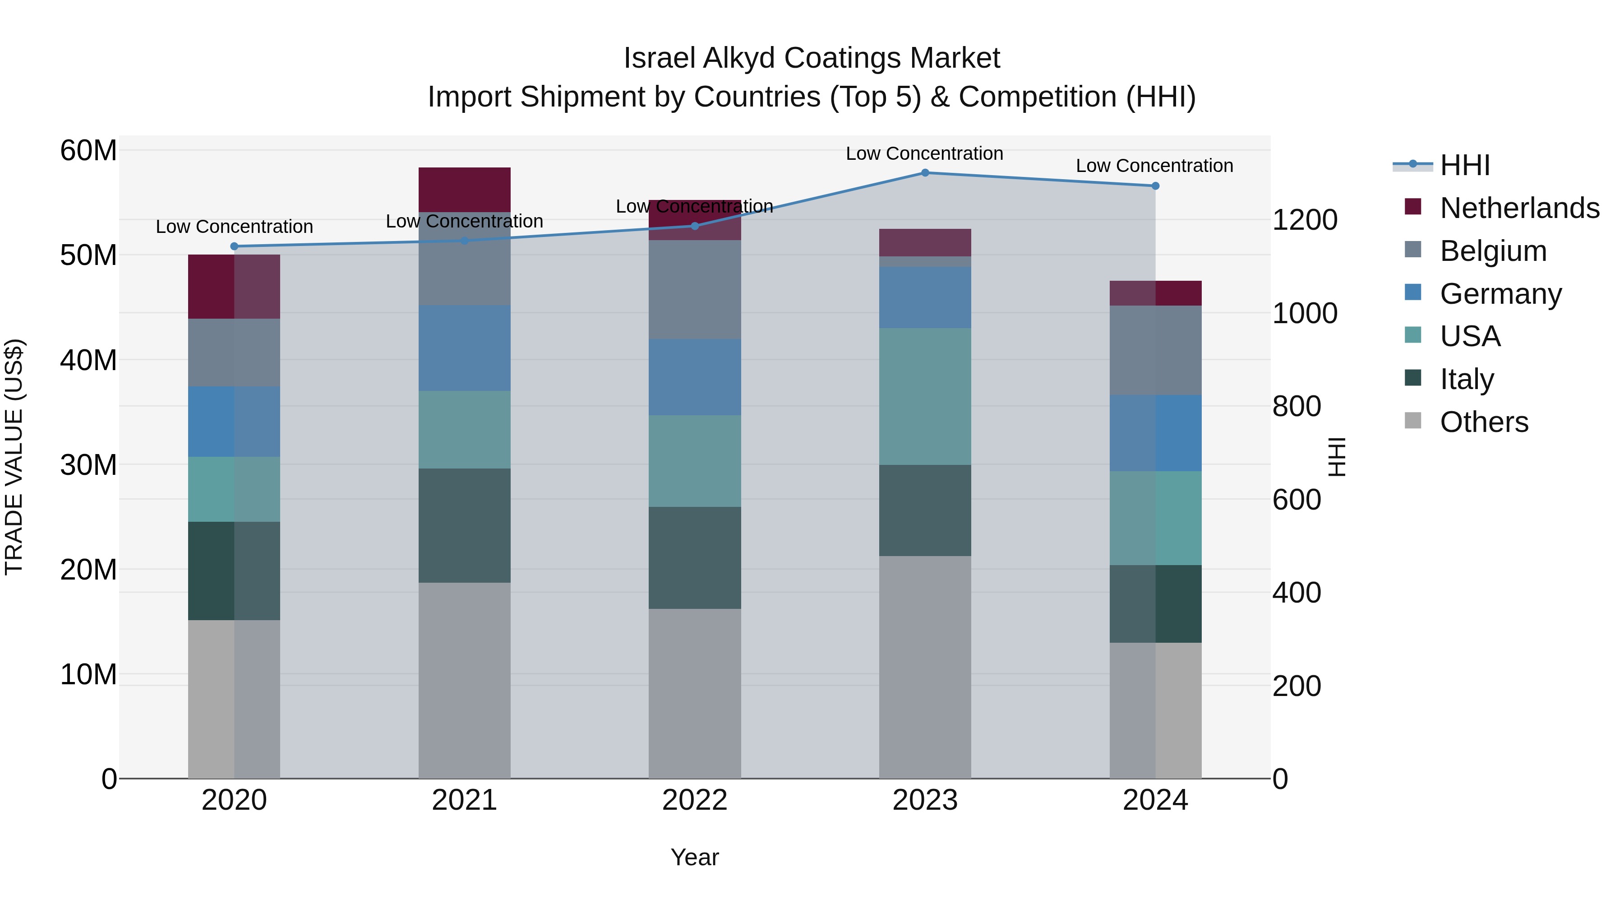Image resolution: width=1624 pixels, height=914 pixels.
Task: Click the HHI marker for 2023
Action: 925,173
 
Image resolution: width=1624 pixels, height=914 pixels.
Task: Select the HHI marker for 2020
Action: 234,246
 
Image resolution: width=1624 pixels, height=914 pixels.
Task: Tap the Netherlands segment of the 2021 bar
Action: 464,189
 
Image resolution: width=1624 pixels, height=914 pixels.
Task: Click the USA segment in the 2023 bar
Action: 925,396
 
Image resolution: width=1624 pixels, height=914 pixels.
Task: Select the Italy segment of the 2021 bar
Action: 464,525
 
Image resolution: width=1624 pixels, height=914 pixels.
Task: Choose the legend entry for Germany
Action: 1500,294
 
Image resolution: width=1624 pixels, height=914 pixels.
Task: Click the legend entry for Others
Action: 1483,422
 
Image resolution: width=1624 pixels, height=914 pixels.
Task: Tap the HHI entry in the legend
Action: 1464,165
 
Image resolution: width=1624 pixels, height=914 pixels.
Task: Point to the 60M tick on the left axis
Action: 88,151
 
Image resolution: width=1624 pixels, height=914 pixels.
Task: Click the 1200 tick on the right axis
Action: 1304,220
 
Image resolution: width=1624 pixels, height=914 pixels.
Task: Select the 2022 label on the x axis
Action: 695,800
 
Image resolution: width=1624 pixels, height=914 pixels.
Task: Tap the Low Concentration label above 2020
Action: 234,227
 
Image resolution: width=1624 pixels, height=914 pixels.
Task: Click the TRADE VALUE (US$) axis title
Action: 14,457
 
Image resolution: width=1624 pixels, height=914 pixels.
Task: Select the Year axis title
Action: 695,857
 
